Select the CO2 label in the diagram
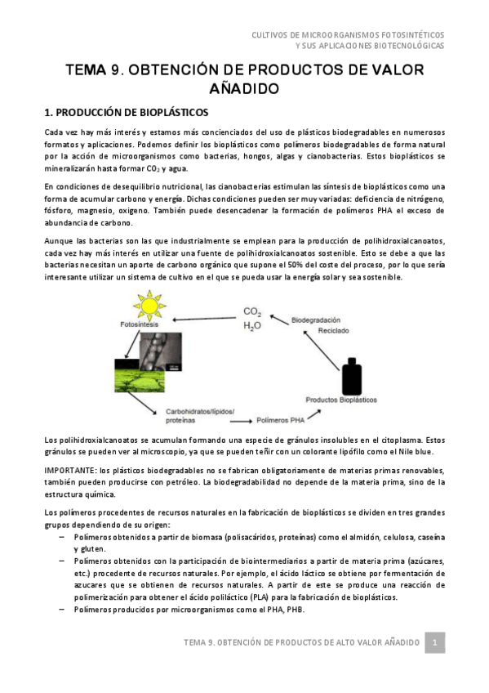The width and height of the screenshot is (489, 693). [x=252, y=311]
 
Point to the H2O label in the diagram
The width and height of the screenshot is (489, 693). [x=252, y=325]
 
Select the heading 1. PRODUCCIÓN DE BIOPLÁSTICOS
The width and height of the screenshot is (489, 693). [x=127, y=110]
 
